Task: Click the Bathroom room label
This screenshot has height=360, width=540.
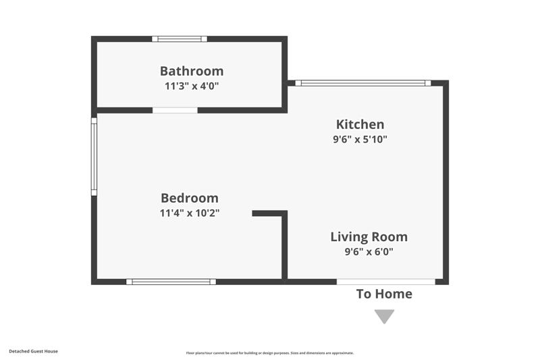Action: click(192, 71)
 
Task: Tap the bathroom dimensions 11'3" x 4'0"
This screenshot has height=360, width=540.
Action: click(192, 86)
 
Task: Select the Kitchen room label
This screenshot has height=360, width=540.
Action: click(360, 124)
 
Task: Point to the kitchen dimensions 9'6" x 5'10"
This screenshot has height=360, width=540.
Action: click(360, 139)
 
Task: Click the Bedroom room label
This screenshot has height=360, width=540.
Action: click(190, 198)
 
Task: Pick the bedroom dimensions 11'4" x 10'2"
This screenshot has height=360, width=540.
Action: click(190, 213)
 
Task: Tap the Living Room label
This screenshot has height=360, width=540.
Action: click(369, 237)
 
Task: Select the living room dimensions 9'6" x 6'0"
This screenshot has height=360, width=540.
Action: click(369, 251)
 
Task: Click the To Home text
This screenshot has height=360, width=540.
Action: click(384, 294)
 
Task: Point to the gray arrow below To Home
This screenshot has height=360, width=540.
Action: click(384, 315)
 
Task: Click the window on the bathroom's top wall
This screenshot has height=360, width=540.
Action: click(180, 39)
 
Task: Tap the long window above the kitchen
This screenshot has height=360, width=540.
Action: click(363, 83)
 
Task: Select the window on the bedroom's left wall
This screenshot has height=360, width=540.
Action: click(94, 157)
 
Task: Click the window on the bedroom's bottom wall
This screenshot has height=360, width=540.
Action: click(171, 282)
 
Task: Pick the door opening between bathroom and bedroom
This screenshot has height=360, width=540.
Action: click(175, 110)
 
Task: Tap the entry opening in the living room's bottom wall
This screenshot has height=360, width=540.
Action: click(386, 282)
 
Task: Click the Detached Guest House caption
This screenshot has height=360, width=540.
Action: click(33, 351)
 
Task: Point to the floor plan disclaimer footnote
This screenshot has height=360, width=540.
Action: click(270, 353)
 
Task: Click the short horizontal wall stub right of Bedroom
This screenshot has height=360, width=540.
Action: click(269, 213)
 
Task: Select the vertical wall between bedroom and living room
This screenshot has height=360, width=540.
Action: click(285, 247)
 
